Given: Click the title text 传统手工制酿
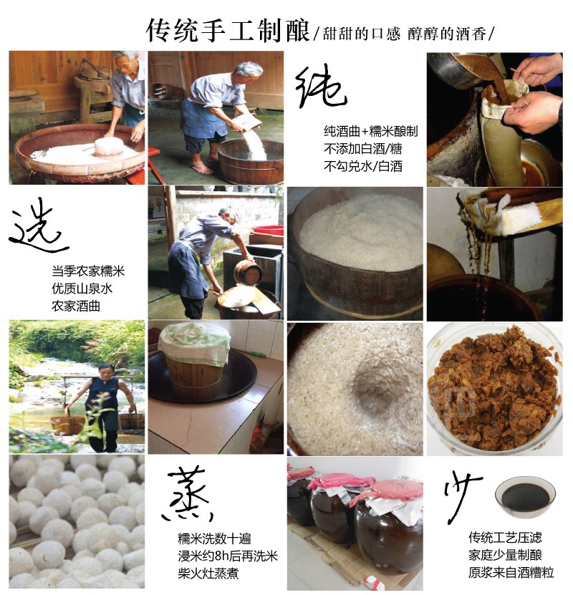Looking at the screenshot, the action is coord(228,30).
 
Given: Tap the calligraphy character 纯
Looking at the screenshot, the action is coord(321,87).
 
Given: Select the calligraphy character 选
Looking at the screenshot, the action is coord(38,227).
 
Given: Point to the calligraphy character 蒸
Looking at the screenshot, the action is coord(188,494).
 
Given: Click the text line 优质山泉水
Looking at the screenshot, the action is coord(82,289).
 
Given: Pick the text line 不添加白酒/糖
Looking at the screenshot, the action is coord(362,148).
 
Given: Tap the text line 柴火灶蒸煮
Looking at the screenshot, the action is coord(208,573).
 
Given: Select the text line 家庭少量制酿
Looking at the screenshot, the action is coord(505,555).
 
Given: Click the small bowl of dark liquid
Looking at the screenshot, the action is coord(525,497).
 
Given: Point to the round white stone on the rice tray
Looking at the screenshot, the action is coord(109,147).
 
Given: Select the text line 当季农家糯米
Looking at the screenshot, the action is coord(88,271).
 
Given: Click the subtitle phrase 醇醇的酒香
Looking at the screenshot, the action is coord(447,34).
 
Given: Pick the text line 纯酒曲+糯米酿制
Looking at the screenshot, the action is coord(371,131).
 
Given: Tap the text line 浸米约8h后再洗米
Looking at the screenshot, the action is coord(228,556).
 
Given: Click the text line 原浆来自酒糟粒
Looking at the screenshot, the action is coord(511,572).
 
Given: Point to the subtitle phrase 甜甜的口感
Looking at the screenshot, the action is coord(361,34).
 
